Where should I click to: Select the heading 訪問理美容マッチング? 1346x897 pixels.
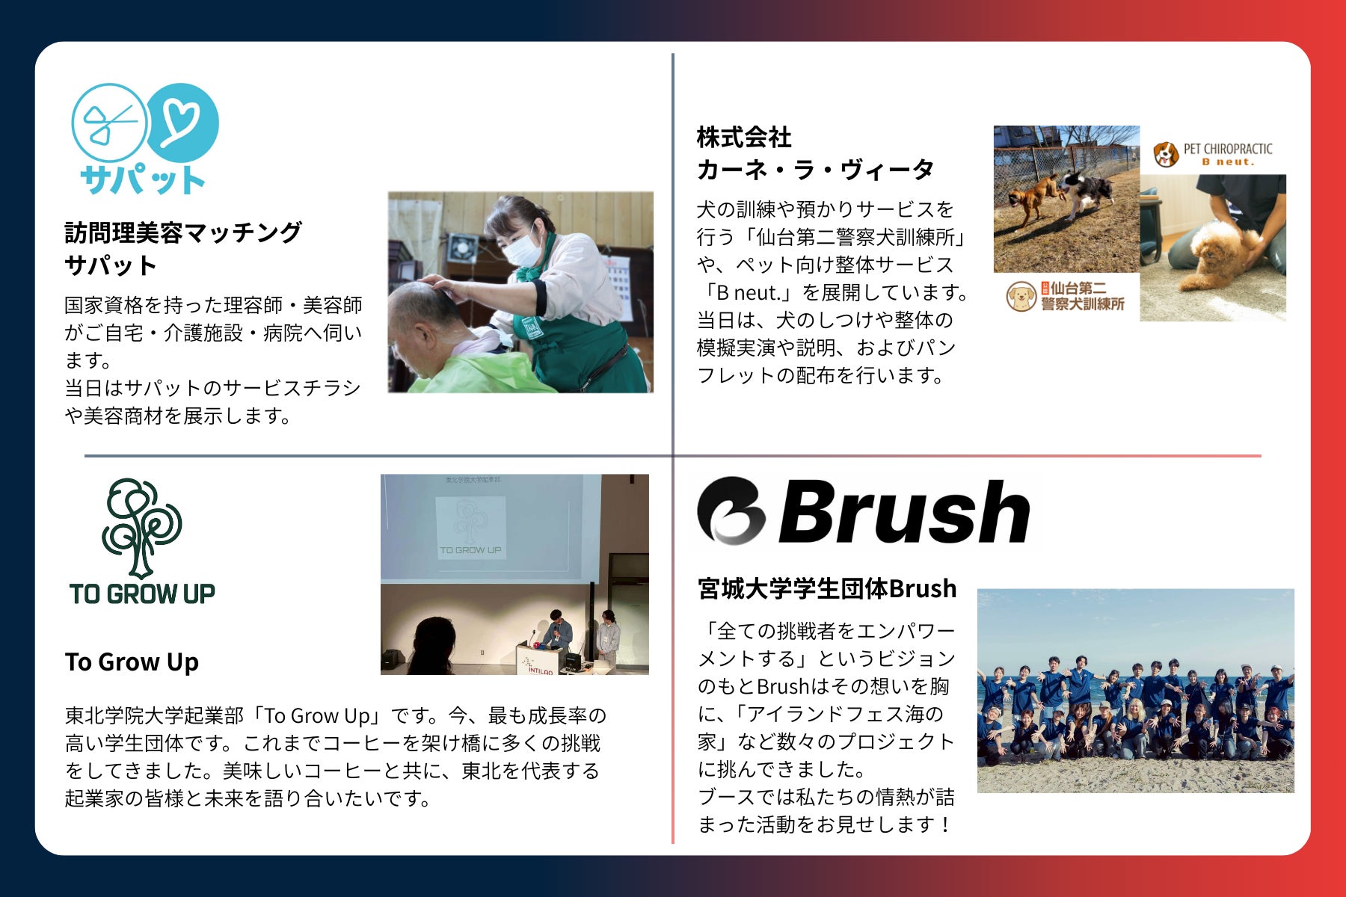(x=183, y=232)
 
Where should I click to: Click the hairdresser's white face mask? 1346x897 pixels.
(x=523, y=246)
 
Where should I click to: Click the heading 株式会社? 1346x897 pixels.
(x=743, y=138)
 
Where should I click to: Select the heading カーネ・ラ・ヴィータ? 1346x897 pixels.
(x=815, y=170)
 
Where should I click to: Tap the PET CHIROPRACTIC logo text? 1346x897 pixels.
(x=1227, y=154)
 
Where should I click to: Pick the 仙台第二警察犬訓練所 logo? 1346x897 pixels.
(x=1066, y=297)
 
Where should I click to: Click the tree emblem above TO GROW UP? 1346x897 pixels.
(x=141, y=527)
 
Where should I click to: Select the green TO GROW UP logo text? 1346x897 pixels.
(x=142, y=594)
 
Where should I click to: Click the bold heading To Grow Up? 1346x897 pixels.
(x=132, y=662)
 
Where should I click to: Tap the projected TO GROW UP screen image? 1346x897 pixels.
(x=470, y=527)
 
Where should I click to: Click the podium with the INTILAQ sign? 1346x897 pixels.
(x=544, y=659)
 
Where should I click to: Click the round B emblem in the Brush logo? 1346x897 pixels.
(x=731, y=510)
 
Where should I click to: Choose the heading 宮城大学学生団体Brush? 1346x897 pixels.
(x=827, y=588)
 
